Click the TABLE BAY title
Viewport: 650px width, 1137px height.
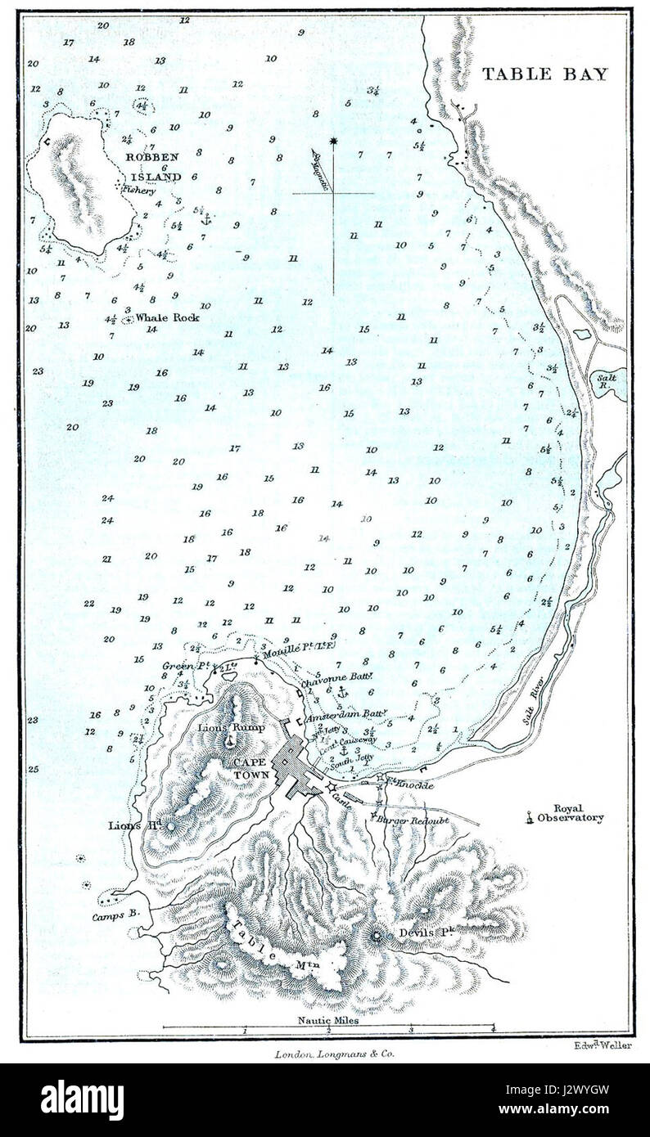[x=544, y=74]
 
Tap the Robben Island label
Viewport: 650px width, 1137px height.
[x=153, y=166]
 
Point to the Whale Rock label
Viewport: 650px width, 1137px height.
[x=167, y=317]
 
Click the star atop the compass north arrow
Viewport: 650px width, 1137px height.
[x=333, y=143]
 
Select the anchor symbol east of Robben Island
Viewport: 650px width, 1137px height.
[x=206, y=219]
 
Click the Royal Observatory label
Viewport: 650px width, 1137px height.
[x=578, y=812]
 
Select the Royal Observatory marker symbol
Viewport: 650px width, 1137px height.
[x=530, y=815]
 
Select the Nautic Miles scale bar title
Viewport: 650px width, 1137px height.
[x=327, y=1020]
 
